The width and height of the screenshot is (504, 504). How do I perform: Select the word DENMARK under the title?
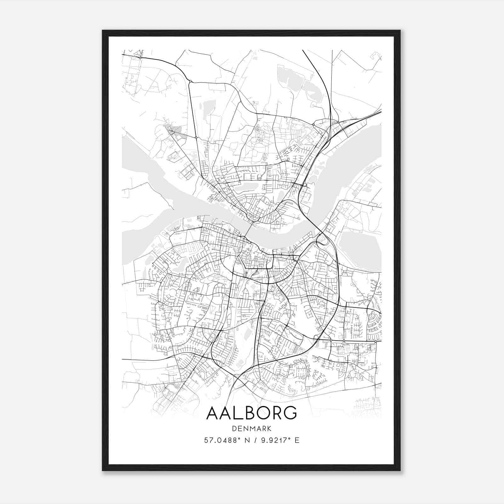click(x=252, y=429)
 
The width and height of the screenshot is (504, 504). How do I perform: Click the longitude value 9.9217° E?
click(x=279, y=440)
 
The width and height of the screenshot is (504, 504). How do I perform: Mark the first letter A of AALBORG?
click(x=213, y=413)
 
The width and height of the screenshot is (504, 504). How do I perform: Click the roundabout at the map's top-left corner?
click(x=140, y=58)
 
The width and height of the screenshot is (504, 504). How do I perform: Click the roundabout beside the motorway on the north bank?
click(x=305, y=185)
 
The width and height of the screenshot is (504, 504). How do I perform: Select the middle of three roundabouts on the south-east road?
click(x=344, y=341)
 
